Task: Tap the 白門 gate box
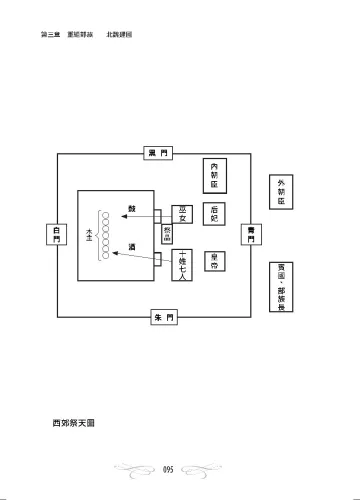59,235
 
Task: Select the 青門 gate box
251,235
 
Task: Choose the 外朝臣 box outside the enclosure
281,189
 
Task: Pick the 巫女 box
182,214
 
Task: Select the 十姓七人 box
182,263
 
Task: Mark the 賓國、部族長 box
281,284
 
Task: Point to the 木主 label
91,236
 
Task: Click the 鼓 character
131,209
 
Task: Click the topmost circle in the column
105,212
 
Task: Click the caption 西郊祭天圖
74,423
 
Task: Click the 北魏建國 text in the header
121,35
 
